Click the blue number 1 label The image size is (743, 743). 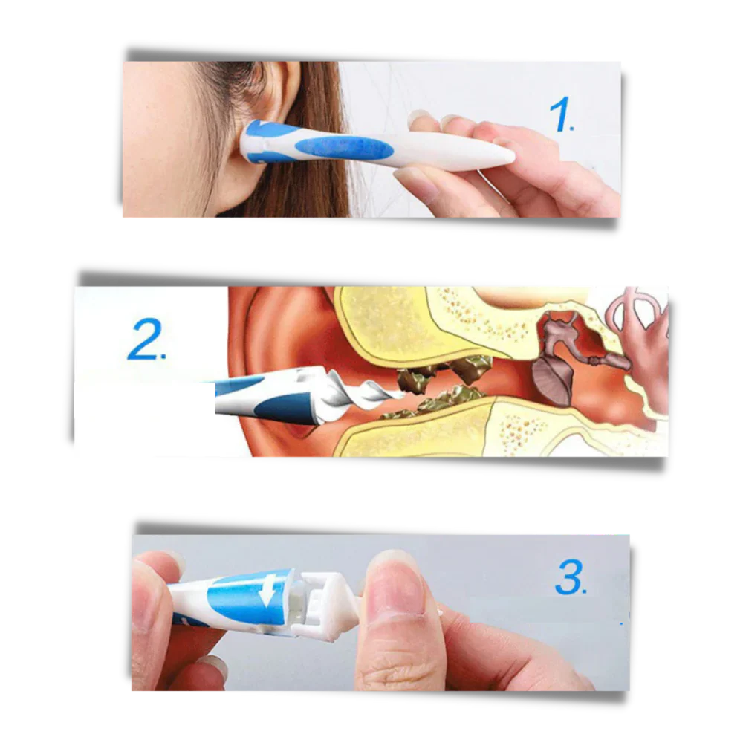(561, 116)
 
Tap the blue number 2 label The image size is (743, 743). (146, 342)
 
